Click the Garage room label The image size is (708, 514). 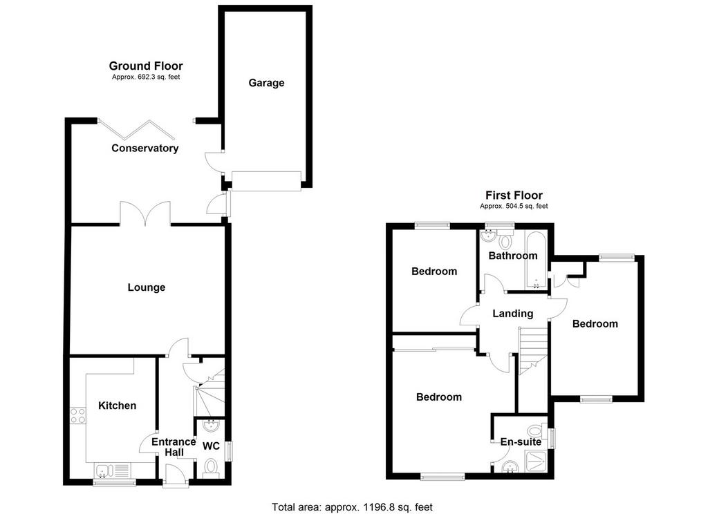coord(266,83)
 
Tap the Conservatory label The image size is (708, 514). coord(145,148)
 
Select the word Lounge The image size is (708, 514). coord(147,287)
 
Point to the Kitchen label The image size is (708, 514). coord(117,406)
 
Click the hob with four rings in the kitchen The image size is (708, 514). coord(77,416)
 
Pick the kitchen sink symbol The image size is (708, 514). coord(104,470)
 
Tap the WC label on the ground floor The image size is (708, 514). coord(211,446)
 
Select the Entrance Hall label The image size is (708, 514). coord(174,447)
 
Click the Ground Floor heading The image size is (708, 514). coord(146,66)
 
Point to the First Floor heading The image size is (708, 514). coord(514,196)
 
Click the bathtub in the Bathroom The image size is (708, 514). coord(536,260)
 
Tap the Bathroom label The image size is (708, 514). coord(513,256)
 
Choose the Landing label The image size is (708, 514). coord(512,313)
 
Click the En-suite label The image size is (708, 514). coord(521,441)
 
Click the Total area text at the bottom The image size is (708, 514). coord(352,507)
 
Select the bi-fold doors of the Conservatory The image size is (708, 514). coord(137,128)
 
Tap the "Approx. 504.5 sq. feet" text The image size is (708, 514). coord(514,207)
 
